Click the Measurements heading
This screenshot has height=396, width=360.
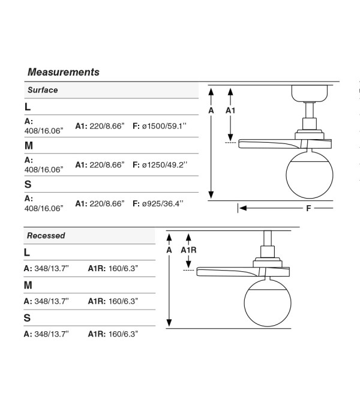[64, 72]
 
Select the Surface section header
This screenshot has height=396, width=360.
[43, 90]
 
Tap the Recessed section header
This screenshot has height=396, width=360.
[46, 235]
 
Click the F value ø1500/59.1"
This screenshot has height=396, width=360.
[164, 126]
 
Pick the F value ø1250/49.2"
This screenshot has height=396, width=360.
[164, 164]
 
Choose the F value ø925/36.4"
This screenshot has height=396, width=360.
[163, 203]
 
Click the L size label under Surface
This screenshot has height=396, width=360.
[28, 107]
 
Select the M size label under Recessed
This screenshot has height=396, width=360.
[28, 285]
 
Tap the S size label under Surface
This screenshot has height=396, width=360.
[28, 184]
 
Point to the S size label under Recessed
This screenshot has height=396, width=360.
[27, 318]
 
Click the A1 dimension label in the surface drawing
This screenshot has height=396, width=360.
[230, 110]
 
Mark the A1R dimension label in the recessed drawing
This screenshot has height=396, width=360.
[188, 250]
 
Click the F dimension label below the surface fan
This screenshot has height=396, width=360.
[308, 208]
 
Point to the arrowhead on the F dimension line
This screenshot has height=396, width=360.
[242, 208]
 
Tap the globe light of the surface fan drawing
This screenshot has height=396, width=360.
[310, 175]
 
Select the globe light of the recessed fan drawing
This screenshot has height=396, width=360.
[268, 303]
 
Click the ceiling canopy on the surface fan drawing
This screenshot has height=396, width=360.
[310, 94]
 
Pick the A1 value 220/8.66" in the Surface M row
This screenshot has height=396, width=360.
[107, 164]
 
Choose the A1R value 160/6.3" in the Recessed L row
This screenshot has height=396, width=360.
[123, 268]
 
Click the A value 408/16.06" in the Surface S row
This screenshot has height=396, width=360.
[44, 208]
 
